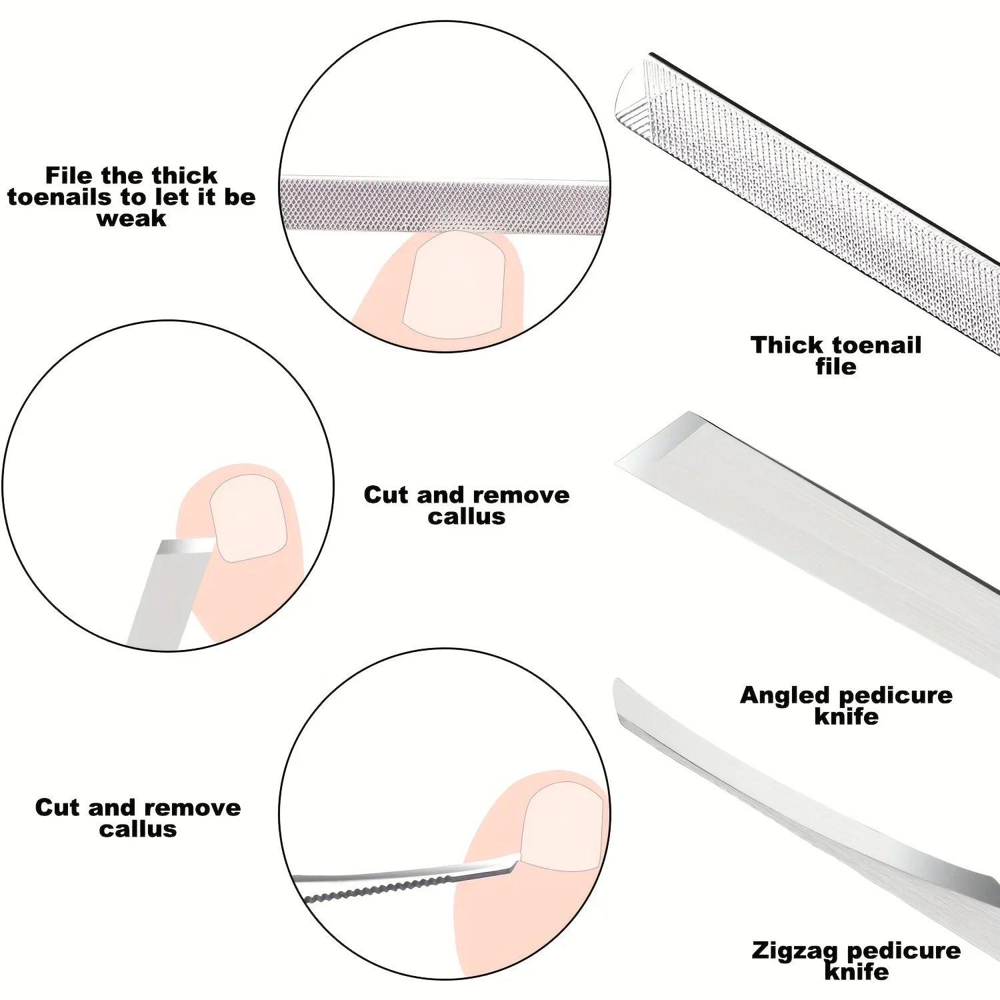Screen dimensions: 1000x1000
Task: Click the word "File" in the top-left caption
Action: point(69,175)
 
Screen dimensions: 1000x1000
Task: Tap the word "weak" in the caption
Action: point(131,219)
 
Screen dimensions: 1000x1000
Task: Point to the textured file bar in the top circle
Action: point(443,205)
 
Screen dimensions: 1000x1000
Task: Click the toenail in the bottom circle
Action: point(561,827)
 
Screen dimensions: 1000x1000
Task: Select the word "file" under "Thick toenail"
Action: point(836,367)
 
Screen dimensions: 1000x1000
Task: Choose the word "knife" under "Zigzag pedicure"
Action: point(857,972)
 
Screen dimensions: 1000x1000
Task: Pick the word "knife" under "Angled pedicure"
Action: point(847,717)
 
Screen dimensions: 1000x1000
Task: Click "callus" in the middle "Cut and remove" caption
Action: point(467,517)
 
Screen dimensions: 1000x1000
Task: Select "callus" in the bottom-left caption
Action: point(138,829)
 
